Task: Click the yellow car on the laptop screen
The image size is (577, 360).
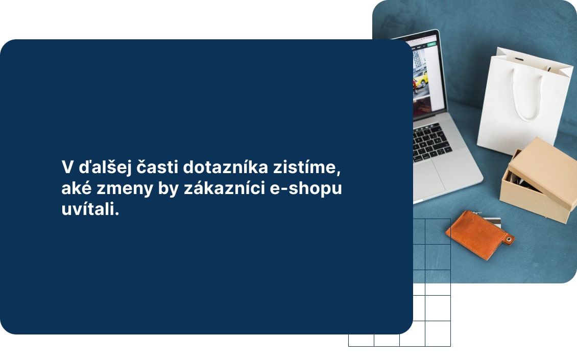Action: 419,78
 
